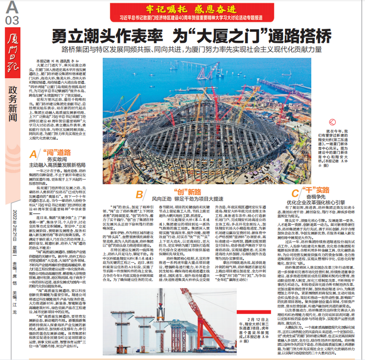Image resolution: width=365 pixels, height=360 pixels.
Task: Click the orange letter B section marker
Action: (140, 195)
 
